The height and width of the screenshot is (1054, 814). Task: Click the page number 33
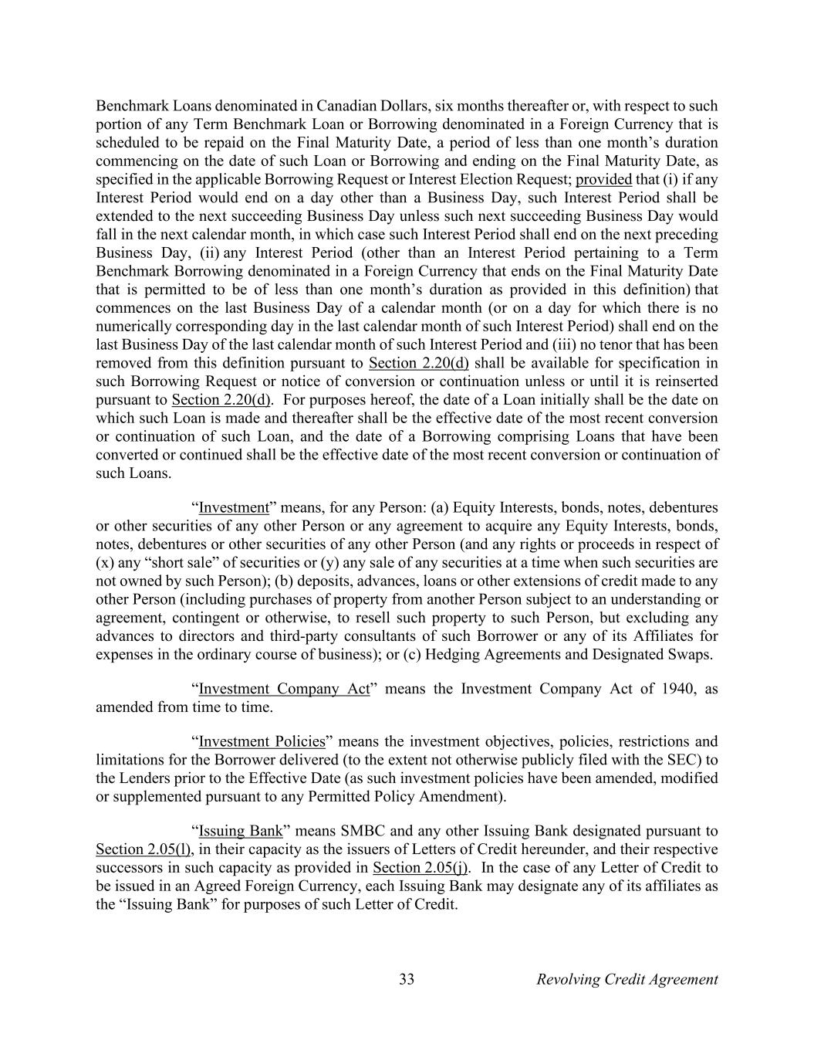407,979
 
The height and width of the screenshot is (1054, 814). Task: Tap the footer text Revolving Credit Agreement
627,979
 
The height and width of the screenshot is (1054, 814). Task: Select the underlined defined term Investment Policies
262,741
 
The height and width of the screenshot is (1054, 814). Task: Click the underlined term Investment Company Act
285,689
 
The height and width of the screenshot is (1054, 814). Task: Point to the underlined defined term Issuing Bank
241,831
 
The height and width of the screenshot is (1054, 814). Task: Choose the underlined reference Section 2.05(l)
144,849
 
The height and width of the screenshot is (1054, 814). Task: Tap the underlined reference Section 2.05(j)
421,868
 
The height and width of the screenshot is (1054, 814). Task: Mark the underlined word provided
604,179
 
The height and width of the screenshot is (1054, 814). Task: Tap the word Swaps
691,654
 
